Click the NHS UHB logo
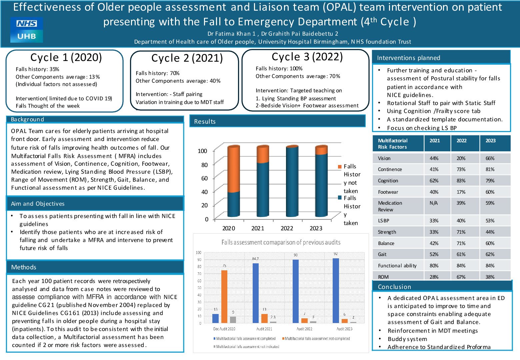tap(27, 30)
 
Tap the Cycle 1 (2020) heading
tap(66, 57)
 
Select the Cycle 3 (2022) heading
tap(307, 57)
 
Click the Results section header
tap(205, 122)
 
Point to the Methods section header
tap(24, 267)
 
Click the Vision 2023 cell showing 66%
tap(490, 158)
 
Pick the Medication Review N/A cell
tap(434, 203)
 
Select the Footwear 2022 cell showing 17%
tap(461, 192)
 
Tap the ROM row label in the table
tap(383, 277)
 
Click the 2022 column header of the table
tap(461, 141)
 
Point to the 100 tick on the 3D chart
tap(202, 151)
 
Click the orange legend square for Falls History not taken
tap(340, 167)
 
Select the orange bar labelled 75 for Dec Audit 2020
tap(224, 296)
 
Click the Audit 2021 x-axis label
tap(264, 329)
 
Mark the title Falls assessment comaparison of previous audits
tap(281, 242)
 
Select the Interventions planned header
tap(408, 58)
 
